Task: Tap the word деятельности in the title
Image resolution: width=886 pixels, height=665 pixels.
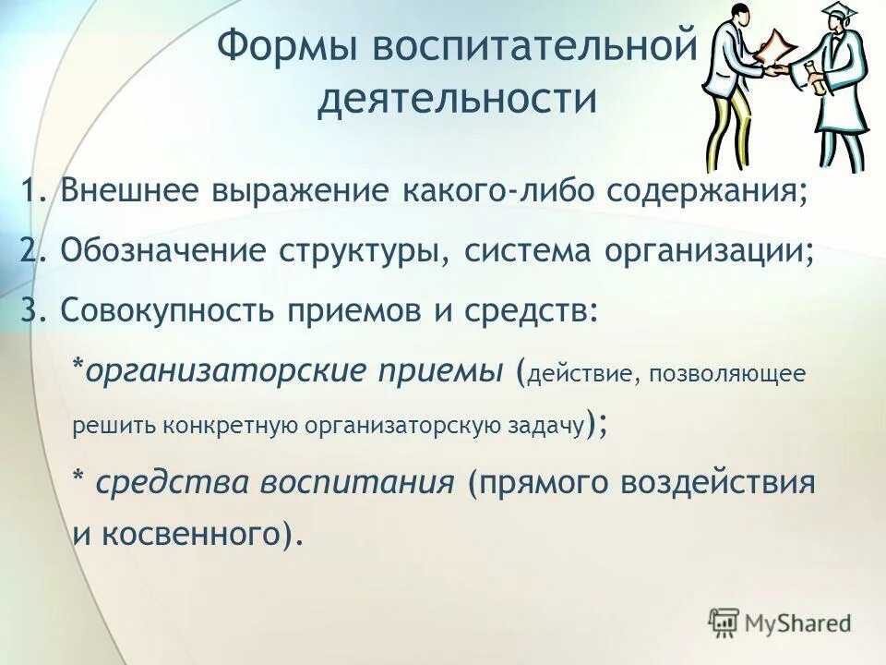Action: [x=457, y=99]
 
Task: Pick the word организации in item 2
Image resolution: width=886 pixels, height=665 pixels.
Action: [x=716, y=253]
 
